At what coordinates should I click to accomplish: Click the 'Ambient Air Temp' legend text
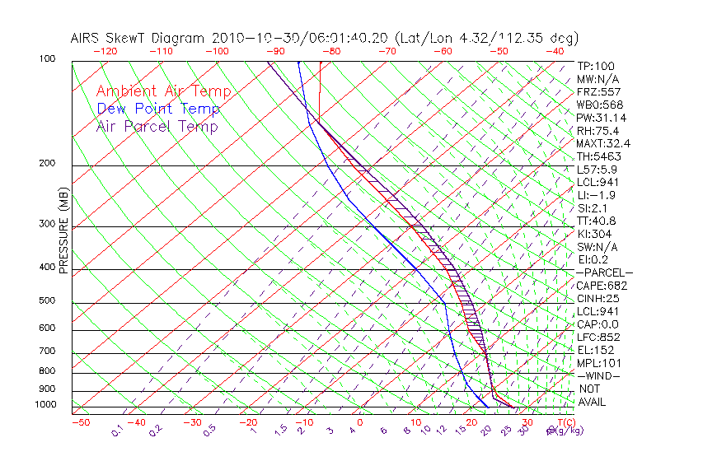pos(163,91)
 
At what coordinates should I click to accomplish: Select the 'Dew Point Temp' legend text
pos(158,109)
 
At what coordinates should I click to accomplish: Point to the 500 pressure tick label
pos(47,301)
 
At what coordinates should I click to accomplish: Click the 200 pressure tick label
pos(47,164)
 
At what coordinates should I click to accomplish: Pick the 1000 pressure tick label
pos(45,405)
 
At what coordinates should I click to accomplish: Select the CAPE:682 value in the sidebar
pos(602,286)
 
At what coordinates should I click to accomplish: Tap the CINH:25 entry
pos(598,298)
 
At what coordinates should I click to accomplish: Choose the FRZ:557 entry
pos(598,92)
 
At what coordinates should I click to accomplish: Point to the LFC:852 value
pos(598,337)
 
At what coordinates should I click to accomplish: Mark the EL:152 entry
pos(595,350)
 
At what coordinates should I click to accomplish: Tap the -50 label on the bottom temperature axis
pos(80,422)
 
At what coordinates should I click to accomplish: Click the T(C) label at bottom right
pos(561,422)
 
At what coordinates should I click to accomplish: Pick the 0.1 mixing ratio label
pos(117,431)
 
